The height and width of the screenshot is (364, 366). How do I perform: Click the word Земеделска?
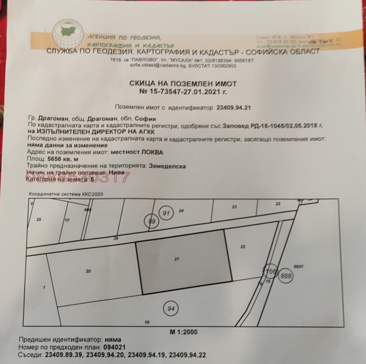(x=167, y=166)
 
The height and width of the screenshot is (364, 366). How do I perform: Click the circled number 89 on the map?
(x=152, y=221)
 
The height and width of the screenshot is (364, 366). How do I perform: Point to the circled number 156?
(x=269, y=271)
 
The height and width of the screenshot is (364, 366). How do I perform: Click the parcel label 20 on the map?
(x=88, y=271)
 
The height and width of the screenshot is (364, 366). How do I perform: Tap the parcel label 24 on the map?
(x=181, y=211)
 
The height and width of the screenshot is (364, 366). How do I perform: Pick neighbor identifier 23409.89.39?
(x=59, y=354)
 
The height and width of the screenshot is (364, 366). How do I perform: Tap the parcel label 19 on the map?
(x=147, y=322)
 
